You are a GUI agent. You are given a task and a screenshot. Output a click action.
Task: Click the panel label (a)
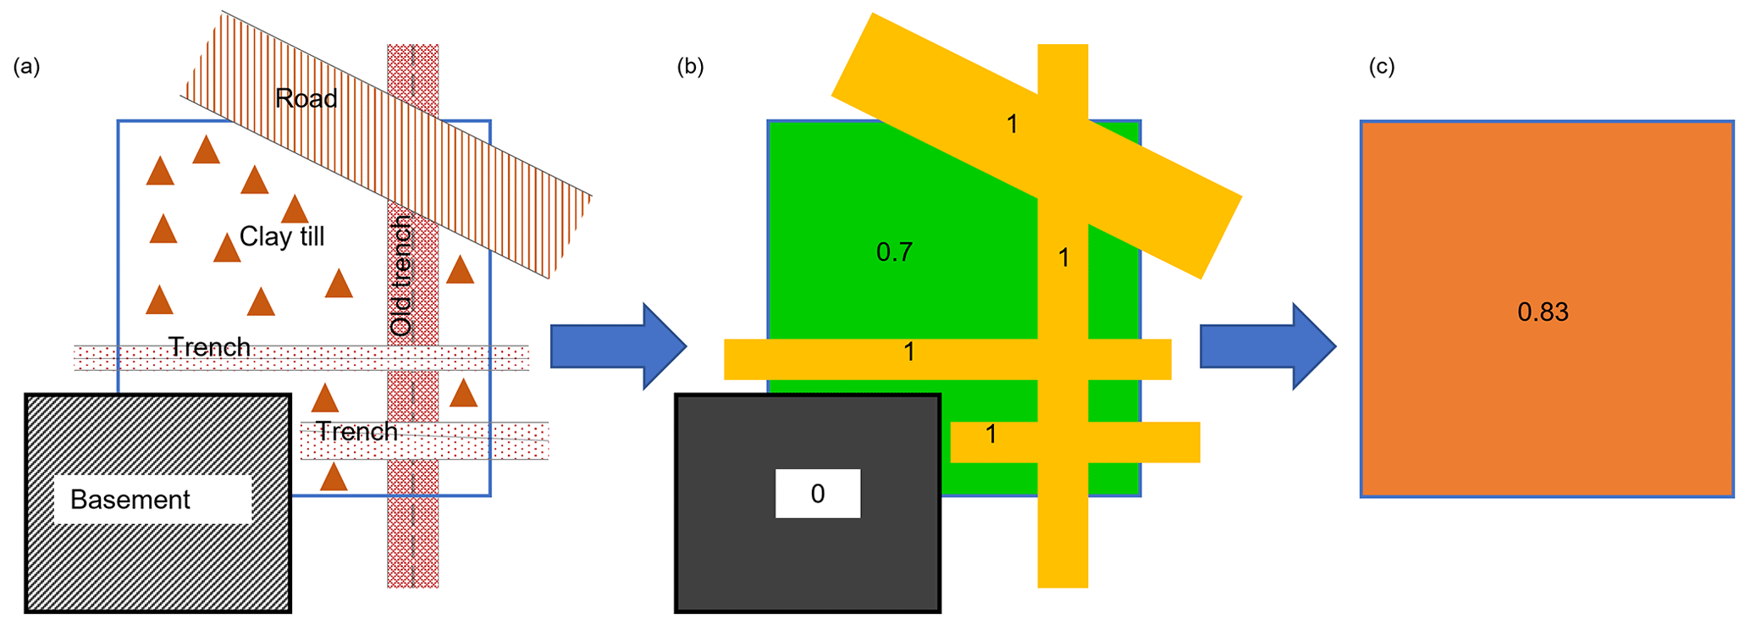point(26,67)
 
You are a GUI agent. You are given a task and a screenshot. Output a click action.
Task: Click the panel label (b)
point(690,67)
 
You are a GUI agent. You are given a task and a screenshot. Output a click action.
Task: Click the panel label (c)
point(1382,67)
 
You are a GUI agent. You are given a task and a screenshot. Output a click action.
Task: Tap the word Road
point(306,99)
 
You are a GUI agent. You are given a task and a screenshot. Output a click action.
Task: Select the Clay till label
point(282,236)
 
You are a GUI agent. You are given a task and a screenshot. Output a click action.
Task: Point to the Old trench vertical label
point(401,275)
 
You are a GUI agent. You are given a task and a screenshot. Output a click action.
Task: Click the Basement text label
point(130,500)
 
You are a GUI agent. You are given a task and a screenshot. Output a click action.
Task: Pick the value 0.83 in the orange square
point(1543,312)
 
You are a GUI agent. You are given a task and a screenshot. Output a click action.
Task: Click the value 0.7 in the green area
point(894,252)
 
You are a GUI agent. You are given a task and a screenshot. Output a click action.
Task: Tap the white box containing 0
point(817,494)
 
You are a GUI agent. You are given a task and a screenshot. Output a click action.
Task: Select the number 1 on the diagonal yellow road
point(1012,125)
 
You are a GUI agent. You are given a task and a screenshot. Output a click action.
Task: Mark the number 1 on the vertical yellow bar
point(1063,258)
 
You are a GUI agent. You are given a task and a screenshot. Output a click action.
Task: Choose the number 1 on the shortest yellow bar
point(991,435)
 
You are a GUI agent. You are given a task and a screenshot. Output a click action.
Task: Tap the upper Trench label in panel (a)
point(209,347)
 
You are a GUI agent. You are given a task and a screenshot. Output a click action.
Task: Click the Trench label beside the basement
point(356,432)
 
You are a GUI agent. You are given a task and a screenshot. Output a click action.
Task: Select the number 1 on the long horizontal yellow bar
point(908,352)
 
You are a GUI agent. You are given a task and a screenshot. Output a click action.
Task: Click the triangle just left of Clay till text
point(226,249)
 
